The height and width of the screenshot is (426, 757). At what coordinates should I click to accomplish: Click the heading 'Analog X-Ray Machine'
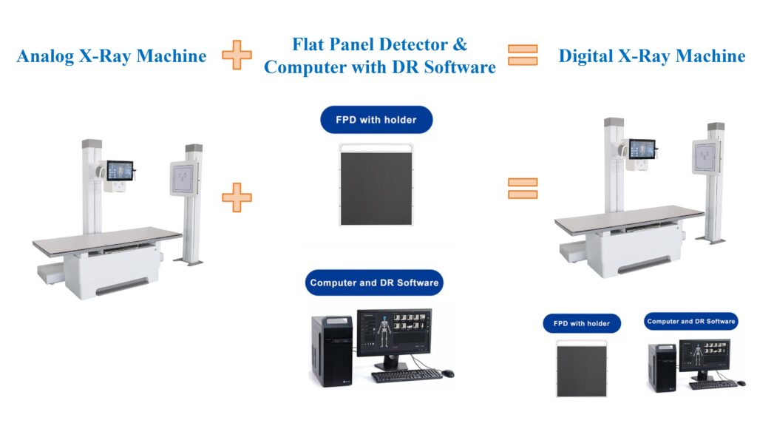tap(111, 55)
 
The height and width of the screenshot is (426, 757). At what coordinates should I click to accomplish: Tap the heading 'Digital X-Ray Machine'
tap(651, 55)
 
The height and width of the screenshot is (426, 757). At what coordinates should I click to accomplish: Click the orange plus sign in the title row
tap(237, 55)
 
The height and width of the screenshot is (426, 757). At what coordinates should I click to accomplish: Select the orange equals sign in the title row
tap(522, 55)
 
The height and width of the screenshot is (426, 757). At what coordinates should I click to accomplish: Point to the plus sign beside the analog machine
tap(237, 197)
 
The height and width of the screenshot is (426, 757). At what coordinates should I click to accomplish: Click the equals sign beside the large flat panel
tap(522, 189)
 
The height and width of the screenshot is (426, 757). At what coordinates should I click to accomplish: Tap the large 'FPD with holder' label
tap(376, 120)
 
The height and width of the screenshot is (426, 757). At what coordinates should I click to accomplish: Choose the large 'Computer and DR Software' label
tap(374, 283)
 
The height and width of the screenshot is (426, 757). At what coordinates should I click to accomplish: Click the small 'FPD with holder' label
tap(582, 323)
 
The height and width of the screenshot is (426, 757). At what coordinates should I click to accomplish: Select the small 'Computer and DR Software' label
tap(690, 321)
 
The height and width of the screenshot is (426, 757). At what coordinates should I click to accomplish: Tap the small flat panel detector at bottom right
tap(582, 368)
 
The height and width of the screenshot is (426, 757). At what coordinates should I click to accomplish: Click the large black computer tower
tap(331, 351)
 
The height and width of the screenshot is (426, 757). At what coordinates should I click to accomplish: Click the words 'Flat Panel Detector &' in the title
tap(380, 44)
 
